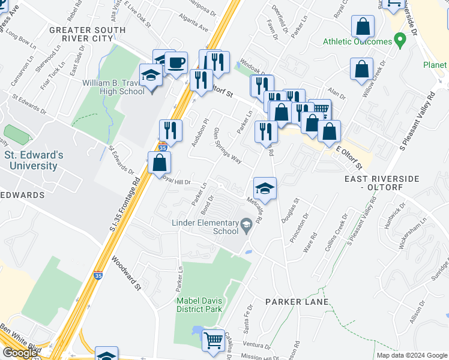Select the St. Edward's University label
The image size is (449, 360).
click(x=34, y=160)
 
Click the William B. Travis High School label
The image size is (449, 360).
click(x=113, y=87)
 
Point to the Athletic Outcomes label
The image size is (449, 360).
click(x=357, y=41)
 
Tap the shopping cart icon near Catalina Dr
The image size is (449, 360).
click(x=214, y=340)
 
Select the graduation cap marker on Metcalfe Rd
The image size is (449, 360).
click(x=265, y=188)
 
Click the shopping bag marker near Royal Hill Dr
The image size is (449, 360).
click(x=159, y=162)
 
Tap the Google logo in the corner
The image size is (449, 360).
click(x=20, y=353)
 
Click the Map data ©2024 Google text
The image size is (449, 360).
click(x=411, y=355)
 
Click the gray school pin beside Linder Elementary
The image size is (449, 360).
click(x=246, y=226)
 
